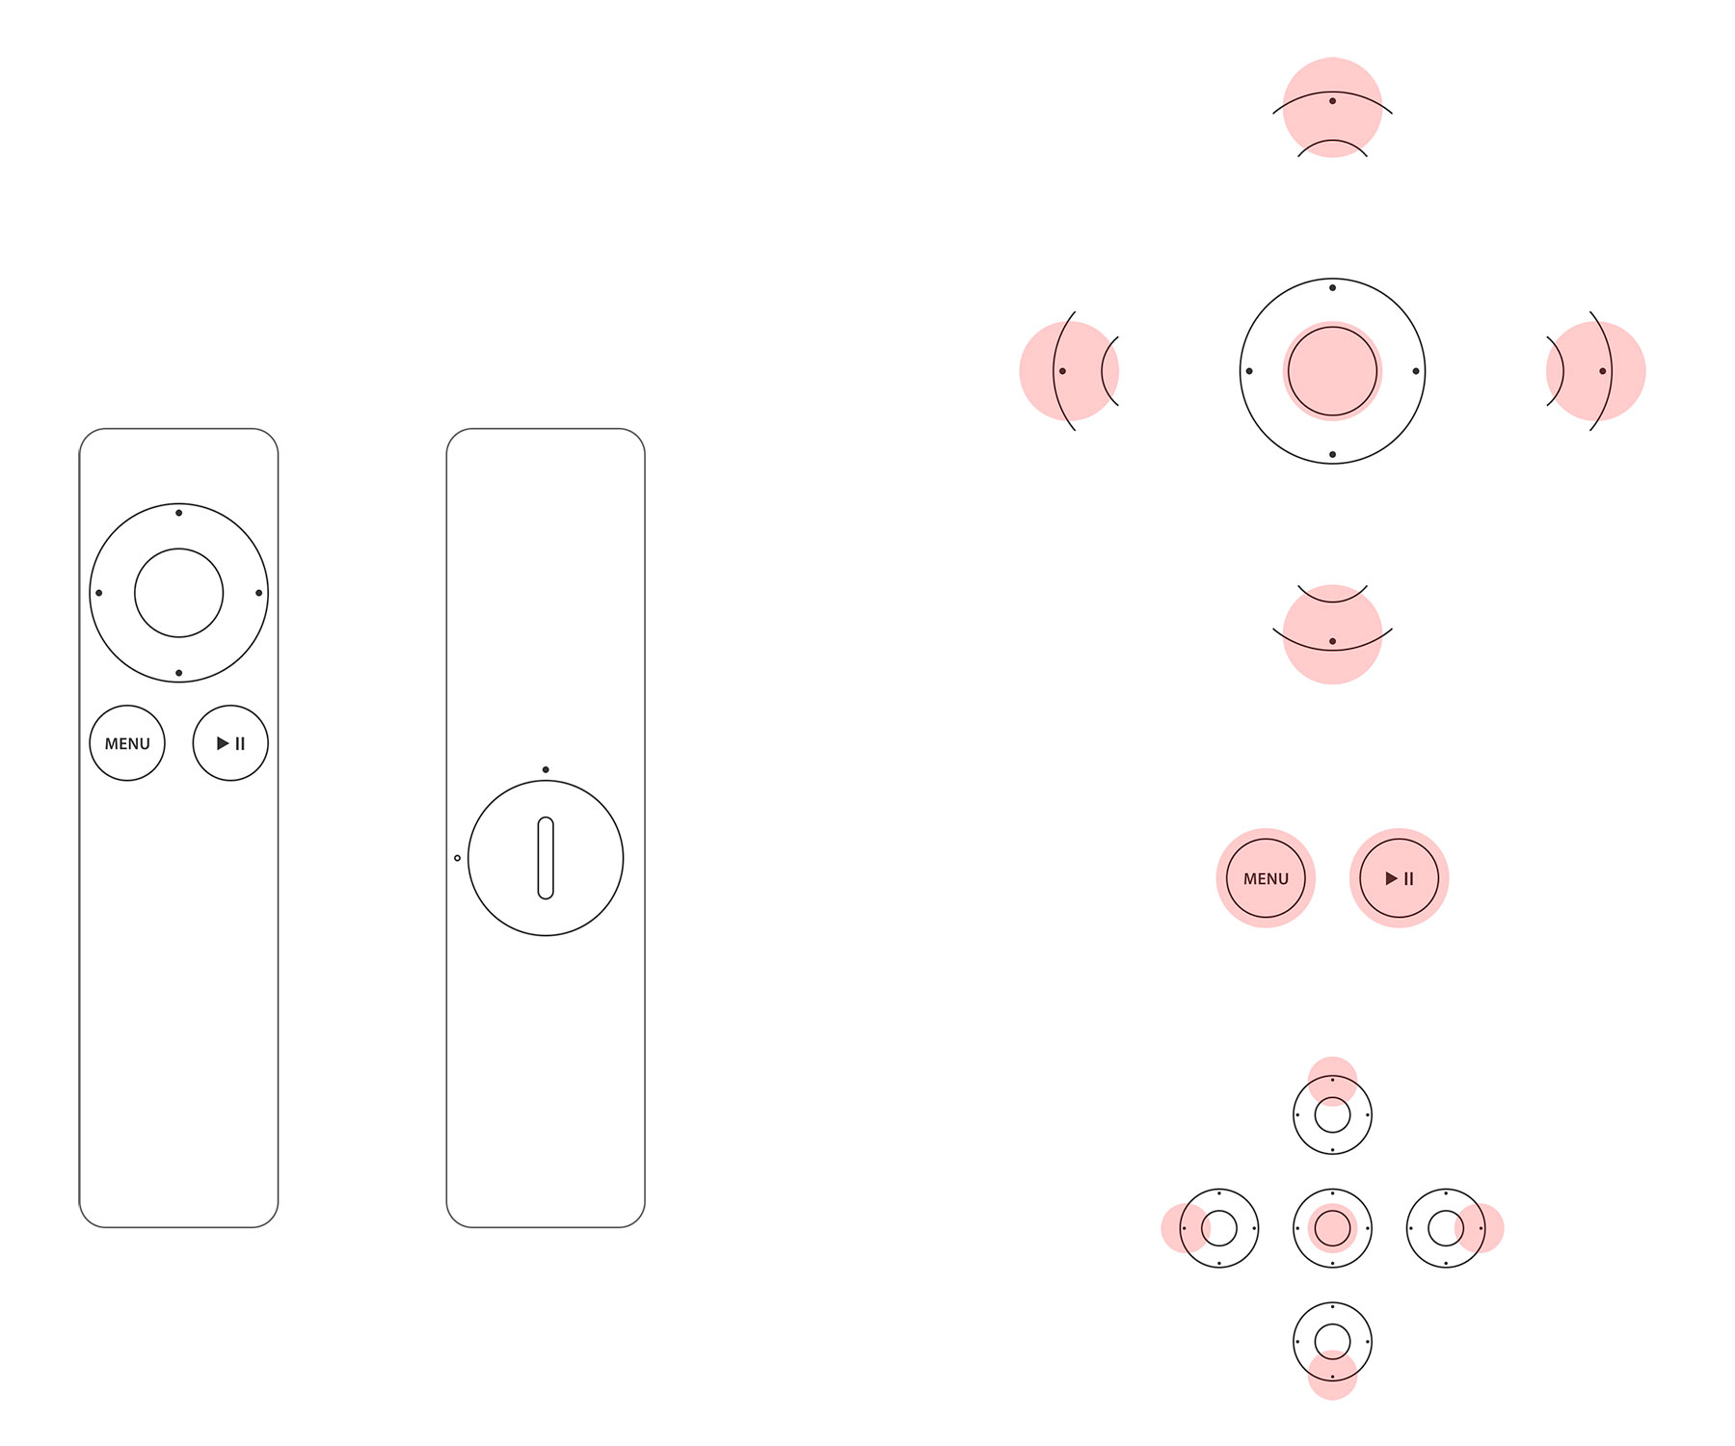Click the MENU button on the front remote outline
(x=127, y=743)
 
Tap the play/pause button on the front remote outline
(x=230, y=743)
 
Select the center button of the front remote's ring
(x=179, y=593)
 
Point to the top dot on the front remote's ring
(x=179, y=513)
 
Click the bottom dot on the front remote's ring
(x=179, y=673)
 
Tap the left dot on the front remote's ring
(x=99, y=593)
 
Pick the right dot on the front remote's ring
(x=259, y=593)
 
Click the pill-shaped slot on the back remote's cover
(x=546, y=858)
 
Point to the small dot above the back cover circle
(x=546, y=769)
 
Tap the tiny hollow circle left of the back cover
(x=457, y=858)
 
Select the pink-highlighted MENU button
(x=1266, y=878)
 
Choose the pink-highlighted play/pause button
(x=1399, y=878)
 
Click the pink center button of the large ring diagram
(x=1332, y=371)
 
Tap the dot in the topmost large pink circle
(x=1332, y=101)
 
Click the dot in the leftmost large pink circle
(x=1062, y=371)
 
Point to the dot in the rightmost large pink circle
(x=1603, y=371)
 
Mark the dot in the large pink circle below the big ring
(x=1332, y=641)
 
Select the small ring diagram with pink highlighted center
(x=1332, y=1228)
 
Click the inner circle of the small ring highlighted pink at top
(x=1332, y=1115)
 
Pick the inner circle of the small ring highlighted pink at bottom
(x=1332, y=1341)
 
